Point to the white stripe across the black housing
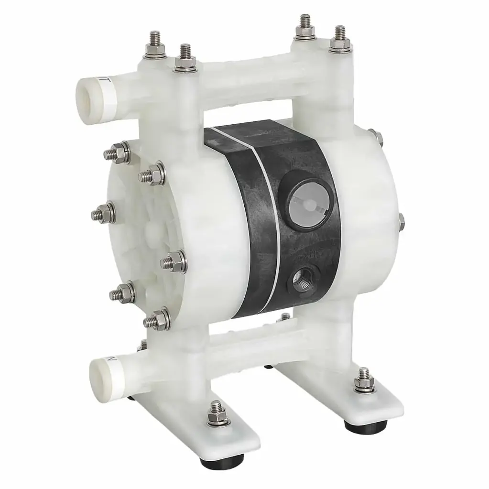pyautogui.click(x=270, y=225)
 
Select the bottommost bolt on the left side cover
pyautogui.click(x=156, y=319)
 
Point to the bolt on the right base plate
pyautogui.click(x=364, y=380)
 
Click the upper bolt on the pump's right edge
pyautogui.click(x=378, y=137)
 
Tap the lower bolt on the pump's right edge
pyautogui.click(x=401, y=220)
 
